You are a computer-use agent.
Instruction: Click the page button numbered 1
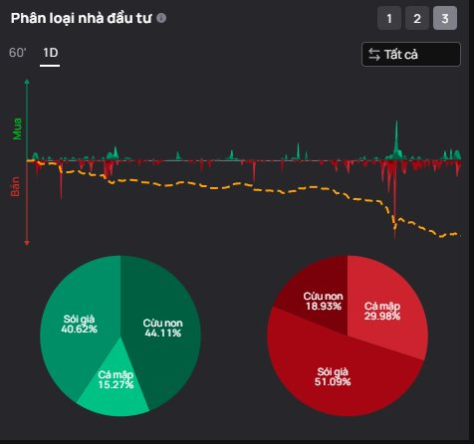click(x=389, y=18)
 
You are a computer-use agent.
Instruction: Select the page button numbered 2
click(x=417, y=18)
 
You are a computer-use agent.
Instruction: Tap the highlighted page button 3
click(x=445, y=18)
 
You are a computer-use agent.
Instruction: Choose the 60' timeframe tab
click(x=18, y=53)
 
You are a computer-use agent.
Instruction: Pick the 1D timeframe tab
click(x=50, y=53)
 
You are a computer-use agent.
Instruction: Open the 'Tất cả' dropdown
click(x=411, y=54)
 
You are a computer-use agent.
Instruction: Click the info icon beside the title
click(x=161, y=18)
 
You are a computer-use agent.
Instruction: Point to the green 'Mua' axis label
click(x=17, y=128)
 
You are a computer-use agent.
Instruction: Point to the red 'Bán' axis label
click(x=15, y=186)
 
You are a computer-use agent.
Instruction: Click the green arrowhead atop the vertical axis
click(x=27, y=82)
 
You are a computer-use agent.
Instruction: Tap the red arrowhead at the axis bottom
click(x=27, y=243)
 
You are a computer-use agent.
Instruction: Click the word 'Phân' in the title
click(x=28, y=18)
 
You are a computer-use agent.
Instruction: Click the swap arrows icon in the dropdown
click(x=374, y=55)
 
